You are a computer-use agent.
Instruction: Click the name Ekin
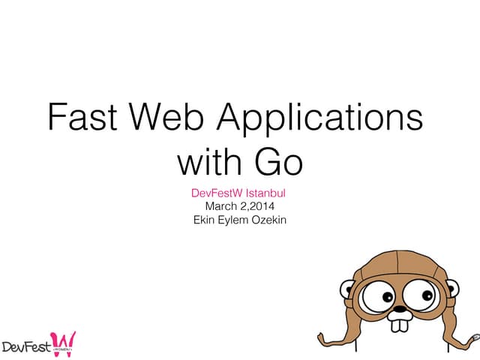(x=205, y=220)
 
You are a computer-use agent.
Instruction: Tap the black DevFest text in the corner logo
(x=26, y=347)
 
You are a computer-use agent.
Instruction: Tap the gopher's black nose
(x=400, y=307)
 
